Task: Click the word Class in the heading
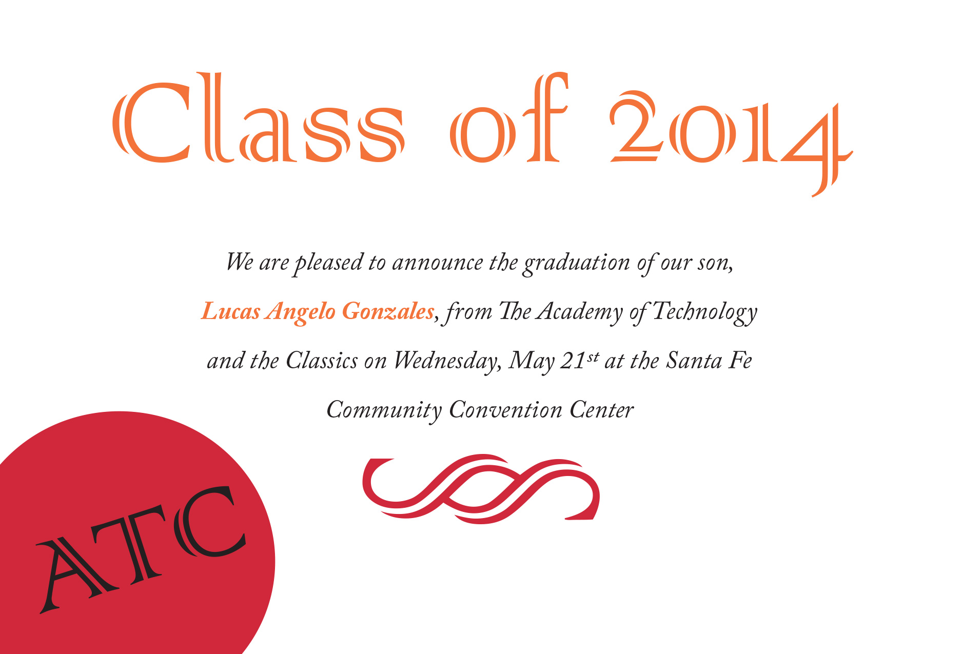pyautogui.click(x=258, y=117)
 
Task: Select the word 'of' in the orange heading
pyautogui.click(x=509, y=117)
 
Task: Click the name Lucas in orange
pyautogui.click(x=231, y=311)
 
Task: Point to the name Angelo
pyautogui.click(x=301, y=312)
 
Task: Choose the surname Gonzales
pyautogui.click(x=388, y=311)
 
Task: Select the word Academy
pyautogui.click(x=579, y=312)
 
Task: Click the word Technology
pyautogui.click(x=705, y=312)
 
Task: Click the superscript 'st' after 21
pyautogui.click(x=593, y=356)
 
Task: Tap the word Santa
pyautogui.click(x=694, y=361)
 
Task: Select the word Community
pyautogui.click(x=384, y=411)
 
